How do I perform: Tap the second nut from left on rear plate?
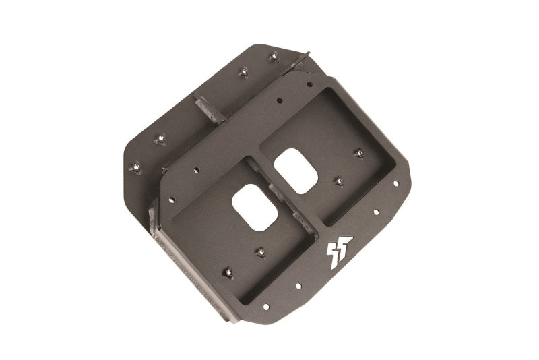[160, 139]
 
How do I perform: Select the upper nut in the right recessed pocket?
[358, 152]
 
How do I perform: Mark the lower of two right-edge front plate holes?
[377, 211]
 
